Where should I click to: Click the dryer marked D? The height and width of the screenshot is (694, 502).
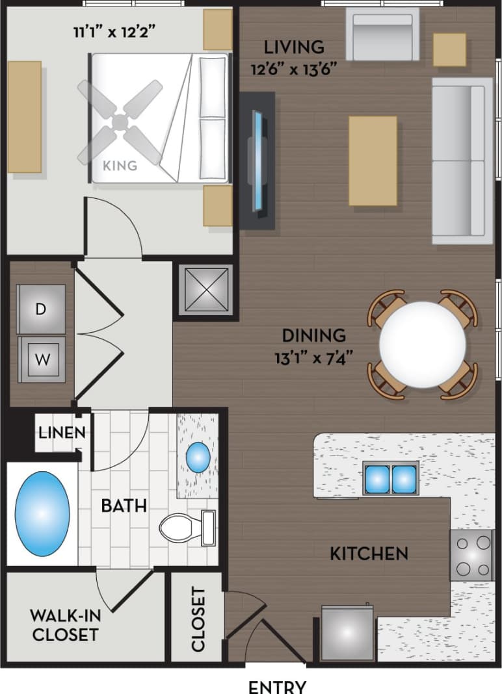(x=41, y=309)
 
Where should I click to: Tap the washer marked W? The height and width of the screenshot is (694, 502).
(x=42, y=359)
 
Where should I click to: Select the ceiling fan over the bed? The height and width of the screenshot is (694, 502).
(x=120, y=122)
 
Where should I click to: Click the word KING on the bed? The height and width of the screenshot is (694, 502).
(x=120, y=166)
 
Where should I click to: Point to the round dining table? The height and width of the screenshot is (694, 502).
(x=422, y=344)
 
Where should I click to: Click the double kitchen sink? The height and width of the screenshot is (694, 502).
(x=390, y=479)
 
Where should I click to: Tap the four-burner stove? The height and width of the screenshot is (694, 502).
(x=471, y=554)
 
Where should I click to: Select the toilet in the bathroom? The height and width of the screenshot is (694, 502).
(x=185, y=528)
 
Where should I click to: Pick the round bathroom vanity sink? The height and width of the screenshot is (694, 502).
(x=198, y=457)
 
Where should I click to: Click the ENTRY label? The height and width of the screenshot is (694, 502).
(x=277, y=686)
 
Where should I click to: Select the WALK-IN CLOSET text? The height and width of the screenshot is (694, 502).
(x=65, y=624)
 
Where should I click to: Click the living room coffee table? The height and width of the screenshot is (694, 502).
(x=373, y=161)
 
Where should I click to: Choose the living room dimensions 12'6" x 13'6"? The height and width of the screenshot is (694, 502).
(x=294, y=57)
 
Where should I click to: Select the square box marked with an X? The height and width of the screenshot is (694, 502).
(x=204, y=290)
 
